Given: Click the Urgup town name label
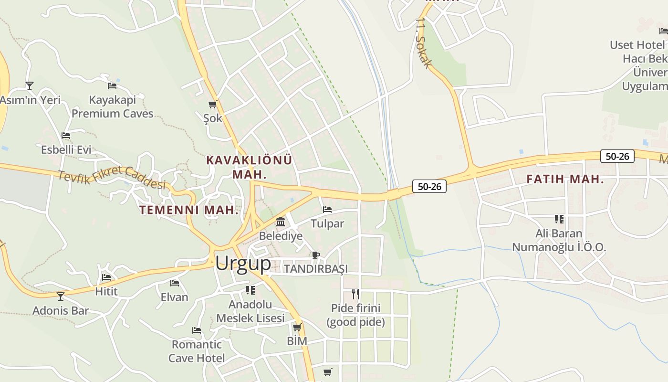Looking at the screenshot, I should (x=243, y=264).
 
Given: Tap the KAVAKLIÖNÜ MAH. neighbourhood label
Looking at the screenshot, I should (x=249, y=167).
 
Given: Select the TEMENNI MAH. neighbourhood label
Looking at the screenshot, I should (x=189, y=210).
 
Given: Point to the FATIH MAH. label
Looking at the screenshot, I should (x=565, y=180).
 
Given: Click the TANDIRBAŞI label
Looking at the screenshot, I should (x=316, y=269).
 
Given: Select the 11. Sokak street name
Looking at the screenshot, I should (x=424, y=43).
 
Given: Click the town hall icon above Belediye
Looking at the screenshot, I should (x=281, y=222).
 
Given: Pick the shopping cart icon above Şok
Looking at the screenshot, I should (x=213, y=104).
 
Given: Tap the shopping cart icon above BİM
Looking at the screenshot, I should (x=297, y=327).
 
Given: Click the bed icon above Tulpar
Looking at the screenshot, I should (x=327, y=210).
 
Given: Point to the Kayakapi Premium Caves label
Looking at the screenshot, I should (x=113, y=106).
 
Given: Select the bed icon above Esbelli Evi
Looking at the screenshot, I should (x=66, y=136).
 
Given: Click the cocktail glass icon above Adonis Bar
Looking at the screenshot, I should (x=61, y=297).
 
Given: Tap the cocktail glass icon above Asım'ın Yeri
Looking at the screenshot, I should (x=30, y=86).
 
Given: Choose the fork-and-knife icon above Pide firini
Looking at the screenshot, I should (x=355, y=293).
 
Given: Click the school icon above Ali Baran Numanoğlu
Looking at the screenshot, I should (x=559, y=219).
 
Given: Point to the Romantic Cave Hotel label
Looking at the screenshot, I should (x=197, y=351).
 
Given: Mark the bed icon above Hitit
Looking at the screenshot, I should (x=106, y=277).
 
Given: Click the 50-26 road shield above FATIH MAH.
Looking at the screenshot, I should (x=617, y=156).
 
